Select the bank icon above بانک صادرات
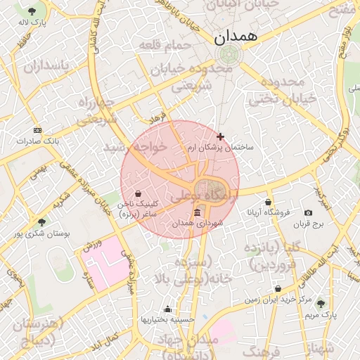(37, 130)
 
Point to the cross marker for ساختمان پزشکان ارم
(220, 136)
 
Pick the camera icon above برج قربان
(307, 213)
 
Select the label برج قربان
(307, 224)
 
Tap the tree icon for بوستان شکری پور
(41, 222)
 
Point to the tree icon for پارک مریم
(321, 303)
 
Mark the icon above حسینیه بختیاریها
(167, 309)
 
